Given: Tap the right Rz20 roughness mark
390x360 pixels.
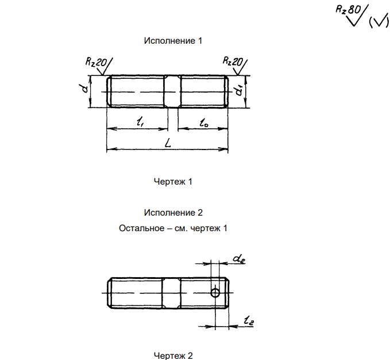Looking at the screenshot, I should pyautogui.click(x=233, y=62).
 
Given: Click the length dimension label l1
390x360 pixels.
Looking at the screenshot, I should pyautogui.click(x=140, y=122).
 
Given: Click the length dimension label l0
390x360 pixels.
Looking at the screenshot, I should pyautogui.click(x=204, y=122).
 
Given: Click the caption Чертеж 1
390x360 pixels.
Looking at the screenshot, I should pyautogui.click(x=173, y=182).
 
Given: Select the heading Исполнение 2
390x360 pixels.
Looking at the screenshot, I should pyautogui.click(x=173, y=213).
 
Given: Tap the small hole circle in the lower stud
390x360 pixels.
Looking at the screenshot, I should pyautogui.click(x=215, y=293).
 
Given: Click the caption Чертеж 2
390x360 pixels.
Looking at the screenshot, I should pyautogui.click(x=173, y=355).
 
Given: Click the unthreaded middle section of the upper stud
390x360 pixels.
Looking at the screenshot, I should pyautogui.click(x=172, y=91).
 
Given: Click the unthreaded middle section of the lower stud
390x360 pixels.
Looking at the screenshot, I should pyautogui.click(x=171, y=293).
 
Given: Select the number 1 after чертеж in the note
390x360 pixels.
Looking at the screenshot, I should pyautogui.click(x=225, y=228).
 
